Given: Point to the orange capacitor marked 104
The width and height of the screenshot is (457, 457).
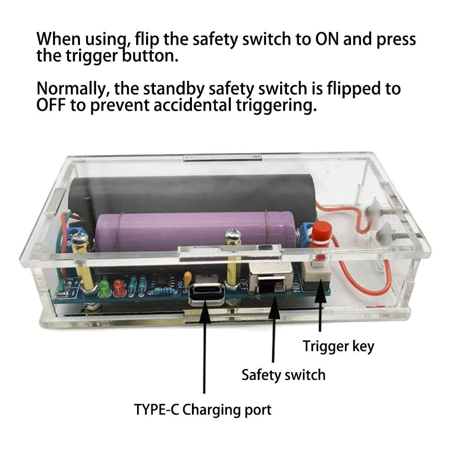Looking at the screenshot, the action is tap(187, 276).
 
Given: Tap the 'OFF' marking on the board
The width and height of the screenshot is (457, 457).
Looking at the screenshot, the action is tap(244, 285).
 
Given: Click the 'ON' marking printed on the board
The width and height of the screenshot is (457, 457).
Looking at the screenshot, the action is tap(296, 287).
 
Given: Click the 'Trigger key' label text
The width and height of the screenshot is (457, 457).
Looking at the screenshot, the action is tap(338, 346).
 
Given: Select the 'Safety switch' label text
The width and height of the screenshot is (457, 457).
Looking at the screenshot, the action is tap(283, 375).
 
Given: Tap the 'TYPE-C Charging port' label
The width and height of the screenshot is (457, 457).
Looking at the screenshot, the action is tap(202, 410).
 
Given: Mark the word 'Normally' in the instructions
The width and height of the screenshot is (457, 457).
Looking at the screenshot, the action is tap(73, 89).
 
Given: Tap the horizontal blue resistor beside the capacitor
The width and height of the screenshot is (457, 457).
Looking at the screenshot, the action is tap(163, 291).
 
